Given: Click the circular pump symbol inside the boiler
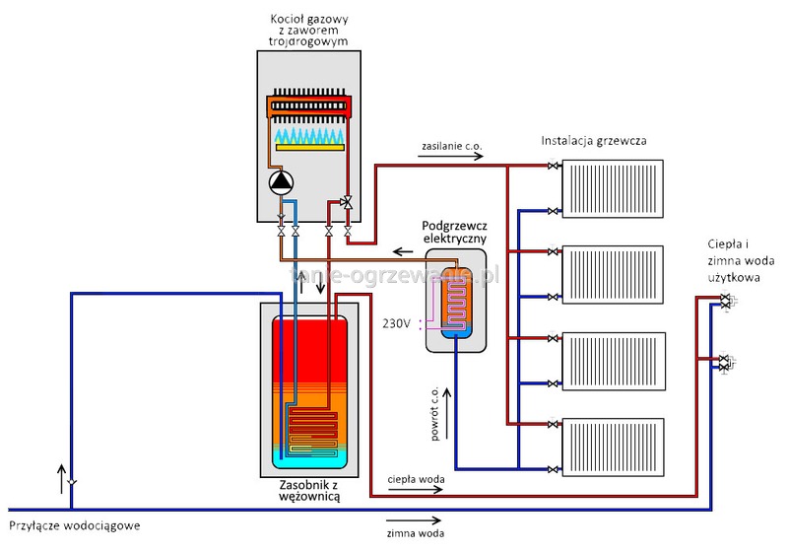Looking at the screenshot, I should [x=282, y=181].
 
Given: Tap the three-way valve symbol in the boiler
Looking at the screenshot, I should [x=348, y=203].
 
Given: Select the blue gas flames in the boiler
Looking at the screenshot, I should [x=309, y=133].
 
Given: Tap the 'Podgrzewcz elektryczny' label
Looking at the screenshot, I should [x=453, y=232].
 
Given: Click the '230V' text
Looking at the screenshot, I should [x=397, y=322].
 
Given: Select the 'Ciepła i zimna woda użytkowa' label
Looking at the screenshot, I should [x=731, y=260].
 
